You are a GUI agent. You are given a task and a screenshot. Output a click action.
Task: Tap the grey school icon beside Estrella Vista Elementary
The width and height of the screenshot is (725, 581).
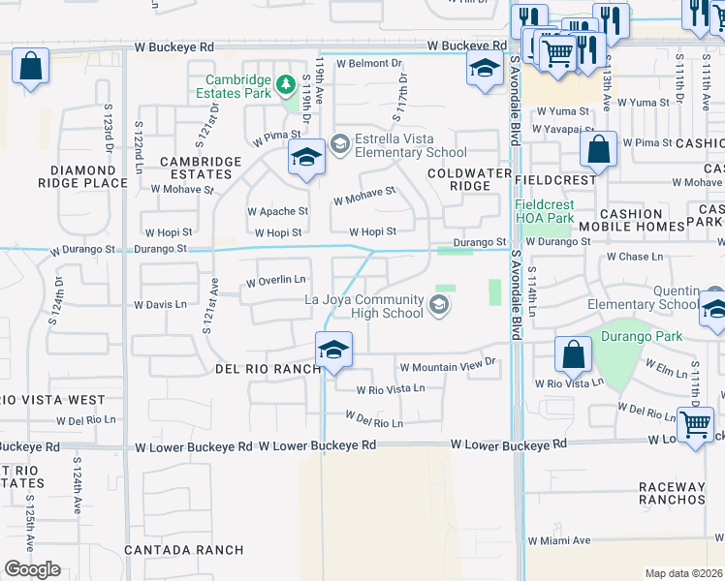click(339, 144)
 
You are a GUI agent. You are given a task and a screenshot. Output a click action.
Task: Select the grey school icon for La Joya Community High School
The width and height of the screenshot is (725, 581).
click(438, 307)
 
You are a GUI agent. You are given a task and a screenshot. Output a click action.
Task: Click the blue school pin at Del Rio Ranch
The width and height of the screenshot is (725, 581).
click(332, 351)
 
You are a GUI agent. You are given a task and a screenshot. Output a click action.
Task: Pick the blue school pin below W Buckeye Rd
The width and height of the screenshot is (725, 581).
click(483, 69)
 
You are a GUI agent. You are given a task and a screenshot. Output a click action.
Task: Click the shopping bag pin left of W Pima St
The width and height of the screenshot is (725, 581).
click(598, 151)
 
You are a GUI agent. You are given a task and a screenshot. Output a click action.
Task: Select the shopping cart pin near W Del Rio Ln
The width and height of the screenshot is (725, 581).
click(695, 424)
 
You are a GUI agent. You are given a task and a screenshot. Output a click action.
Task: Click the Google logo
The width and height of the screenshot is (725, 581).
click(31, 569)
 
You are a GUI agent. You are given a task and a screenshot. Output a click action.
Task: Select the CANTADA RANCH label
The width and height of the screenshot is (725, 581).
click(184, 550)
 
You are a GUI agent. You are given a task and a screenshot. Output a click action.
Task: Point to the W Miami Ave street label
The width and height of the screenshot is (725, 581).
click(558, 540)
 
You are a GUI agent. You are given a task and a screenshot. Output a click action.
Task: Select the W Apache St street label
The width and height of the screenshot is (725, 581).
click(277, 210)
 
